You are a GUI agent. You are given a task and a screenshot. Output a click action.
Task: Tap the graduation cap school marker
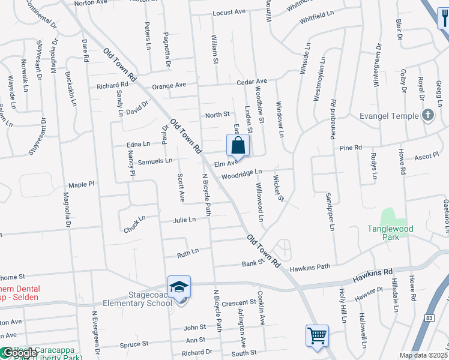179,289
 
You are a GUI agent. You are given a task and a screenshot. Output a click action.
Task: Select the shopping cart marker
317,335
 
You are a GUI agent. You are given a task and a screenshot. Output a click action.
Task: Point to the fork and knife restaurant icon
443,18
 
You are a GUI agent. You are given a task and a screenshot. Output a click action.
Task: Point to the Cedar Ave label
252,82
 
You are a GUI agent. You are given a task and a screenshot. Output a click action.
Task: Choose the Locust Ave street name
229,12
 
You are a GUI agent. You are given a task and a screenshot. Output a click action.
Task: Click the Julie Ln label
184,220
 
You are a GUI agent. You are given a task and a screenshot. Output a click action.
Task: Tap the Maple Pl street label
82,185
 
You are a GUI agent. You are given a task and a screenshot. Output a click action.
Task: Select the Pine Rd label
351,148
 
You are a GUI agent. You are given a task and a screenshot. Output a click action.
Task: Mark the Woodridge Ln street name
241,174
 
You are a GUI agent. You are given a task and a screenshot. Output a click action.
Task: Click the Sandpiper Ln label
330,212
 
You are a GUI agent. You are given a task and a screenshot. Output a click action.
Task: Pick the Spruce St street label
134,344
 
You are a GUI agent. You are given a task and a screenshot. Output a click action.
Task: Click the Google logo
19,353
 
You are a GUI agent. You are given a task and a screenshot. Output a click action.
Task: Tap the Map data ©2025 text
423,355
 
